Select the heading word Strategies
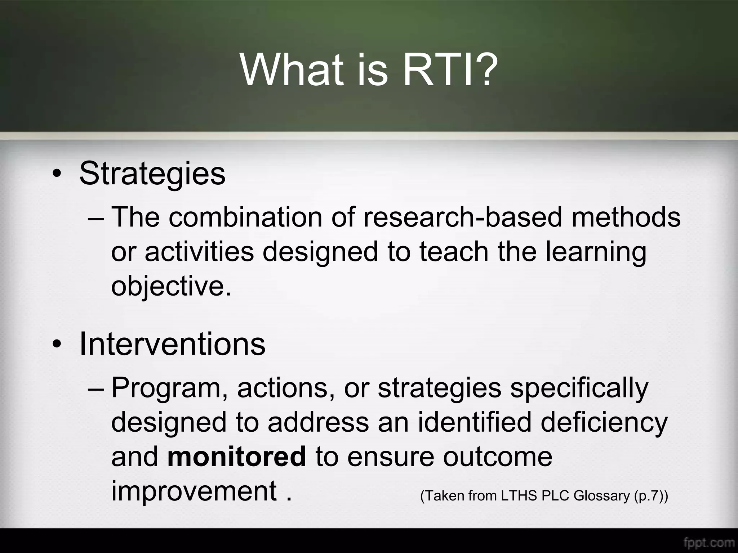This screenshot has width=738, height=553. (x=152, y=174)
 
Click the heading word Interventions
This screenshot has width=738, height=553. (x=172, y=344)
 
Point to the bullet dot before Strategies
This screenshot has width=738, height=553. (x=57, y=175)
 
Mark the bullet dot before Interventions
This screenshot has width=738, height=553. (x=57, y=345)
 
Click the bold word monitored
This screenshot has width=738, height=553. (x=237, y=456)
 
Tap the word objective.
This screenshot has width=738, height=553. (x=171, y=286)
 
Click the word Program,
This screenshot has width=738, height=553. (x=170, y=388)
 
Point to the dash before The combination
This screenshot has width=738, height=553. (x=96, y=218)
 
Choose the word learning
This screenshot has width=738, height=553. (x=596, y=252)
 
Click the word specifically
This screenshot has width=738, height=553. (x=579, y=388)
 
